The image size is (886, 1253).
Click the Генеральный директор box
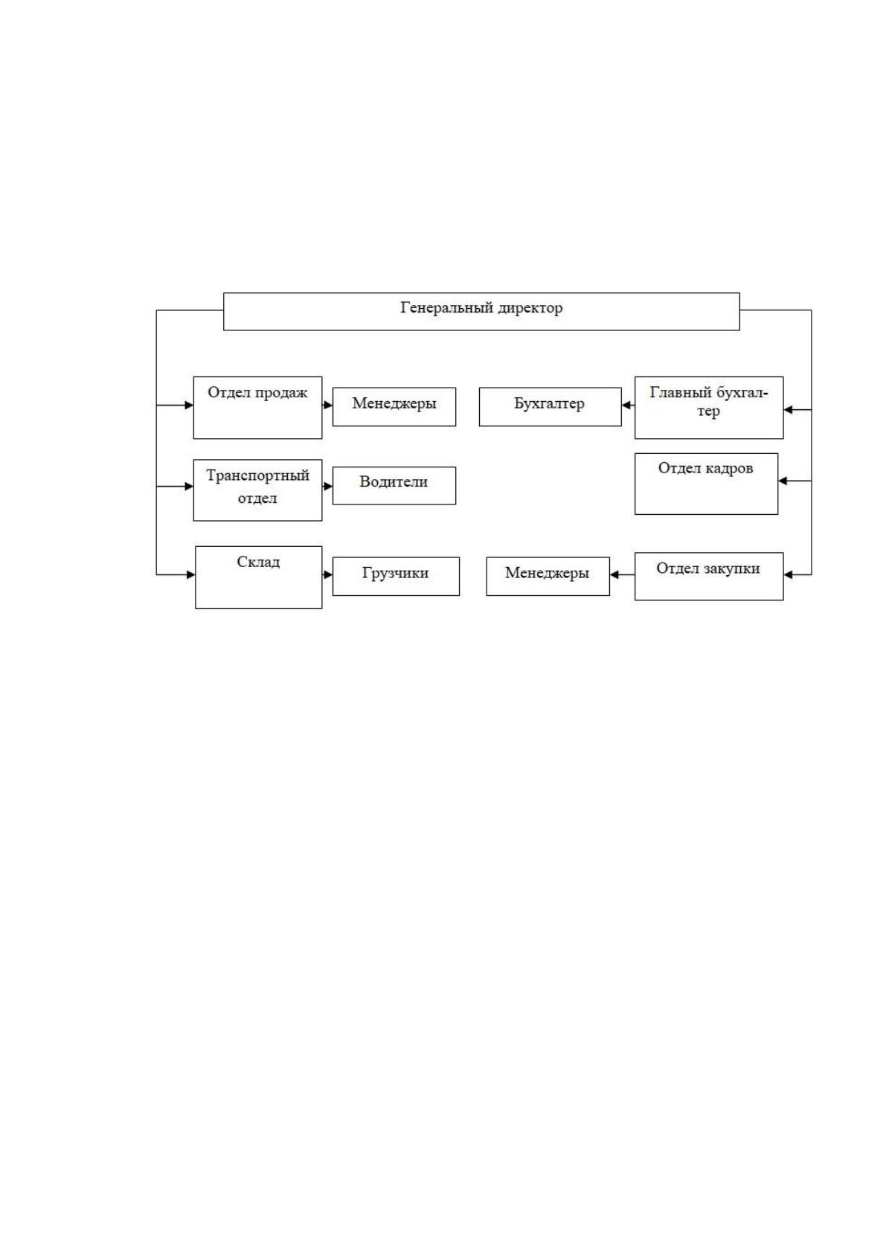click(x=481, y=312)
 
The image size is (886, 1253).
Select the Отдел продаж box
click(x=257, y=408)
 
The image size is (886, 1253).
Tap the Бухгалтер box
click(x=550, y=407)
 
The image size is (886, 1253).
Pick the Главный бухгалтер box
click(x=709, y=408)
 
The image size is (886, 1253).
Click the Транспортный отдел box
click(x=257, y=490)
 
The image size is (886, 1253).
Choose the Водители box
click(x=394, y=486)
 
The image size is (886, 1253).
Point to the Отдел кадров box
click(x=706, y=484)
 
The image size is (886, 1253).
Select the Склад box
click(x=258, y=577)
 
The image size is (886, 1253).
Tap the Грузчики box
click(x=396, y=576)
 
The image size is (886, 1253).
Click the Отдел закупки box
click(x=709, y=577)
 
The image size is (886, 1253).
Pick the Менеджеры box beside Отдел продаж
click(x=394, y=407)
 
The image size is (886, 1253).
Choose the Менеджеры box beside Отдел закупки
click(x=548, y=576)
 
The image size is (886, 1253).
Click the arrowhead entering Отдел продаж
click(x=190, y=405)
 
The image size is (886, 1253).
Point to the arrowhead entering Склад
click(x=191, y=574)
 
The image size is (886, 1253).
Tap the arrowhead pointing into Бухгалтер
click(x=626, y=405)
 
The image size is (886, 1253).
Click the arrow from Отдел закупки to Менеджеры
click(x=622, y=574)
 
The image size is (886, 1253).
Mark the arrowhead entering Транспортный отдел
click(x=190, y=487)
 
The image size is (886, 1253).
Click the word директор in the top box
click(x=530, y=308)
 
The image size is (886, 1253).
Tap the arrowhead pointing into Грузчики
click(x=328, y=574)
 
